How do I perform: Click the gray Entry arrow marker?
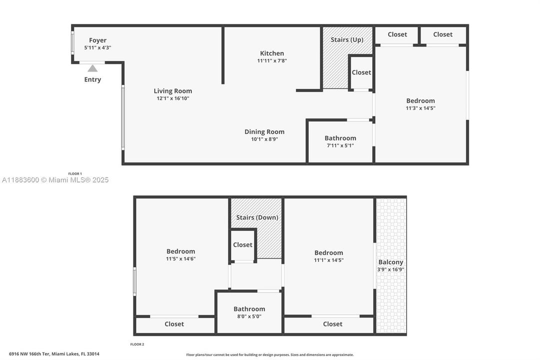coord(92,68)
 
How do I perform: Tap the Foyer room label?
coord(97,40)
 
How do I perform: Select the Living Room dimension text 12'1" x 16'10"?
coord(173,98)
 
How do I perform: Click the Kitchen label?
coord(272,53)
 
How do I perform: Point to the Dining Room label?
coord(264,132)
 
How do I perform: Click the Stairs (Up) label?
coord(347,39)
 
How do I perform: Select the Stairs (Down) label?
coord(257,217)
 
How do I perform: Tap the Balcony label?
coord(391,262)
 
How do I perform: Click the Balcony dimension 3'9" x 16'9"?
coord(391,269)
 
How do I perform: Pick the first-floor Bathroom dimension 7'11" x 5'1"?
coord(340,145)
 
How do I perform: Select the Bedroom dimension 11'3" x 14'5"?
coord(420,108)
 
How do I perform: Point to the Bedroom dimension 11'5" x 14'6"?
coord(180,259)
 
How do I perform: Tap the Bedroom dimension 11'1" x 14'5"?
coord(329,260)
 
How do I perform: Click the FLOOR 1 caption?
coord(75,173)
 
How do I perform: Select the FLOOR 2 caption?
coord(137,344)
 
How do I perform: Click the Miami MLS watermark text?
coord(55,180)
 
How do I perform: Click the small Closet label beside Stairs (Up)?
coord(361,72)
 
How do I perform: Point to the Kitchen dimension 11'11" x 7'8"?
coord(272,61)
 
